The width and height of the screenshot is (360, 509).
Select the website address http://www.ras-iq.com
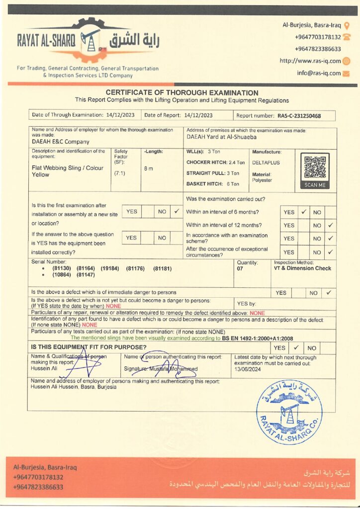[310, 61]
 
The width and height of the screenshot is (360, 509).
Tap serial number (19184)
[110, 268]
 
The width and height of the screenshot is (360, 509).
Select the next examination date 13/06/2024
[248, 370]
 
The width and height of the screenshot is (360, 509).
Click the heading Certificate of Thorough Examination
[182, 93]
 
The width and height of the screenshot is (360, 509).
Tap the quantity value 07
[241, 268]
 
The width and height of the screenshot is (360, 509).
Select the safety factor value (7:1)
[119, 173]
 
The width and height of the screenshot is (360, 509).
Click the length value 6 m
[149, 169]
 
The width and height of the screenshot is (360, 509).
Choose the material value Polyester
[262, 180]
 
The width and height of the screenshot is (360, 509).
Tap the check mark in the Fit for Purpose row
[295, 348]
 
